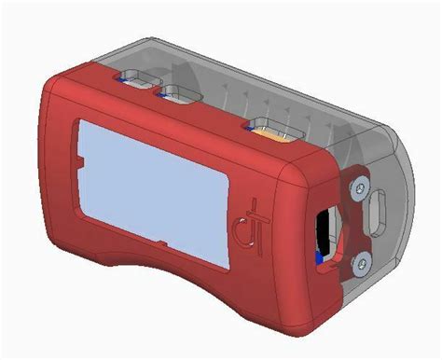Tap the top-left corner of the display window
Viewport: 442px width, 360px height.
pos(84,122)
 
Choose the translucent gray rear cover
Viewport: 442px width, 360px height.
pos(308,84)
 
